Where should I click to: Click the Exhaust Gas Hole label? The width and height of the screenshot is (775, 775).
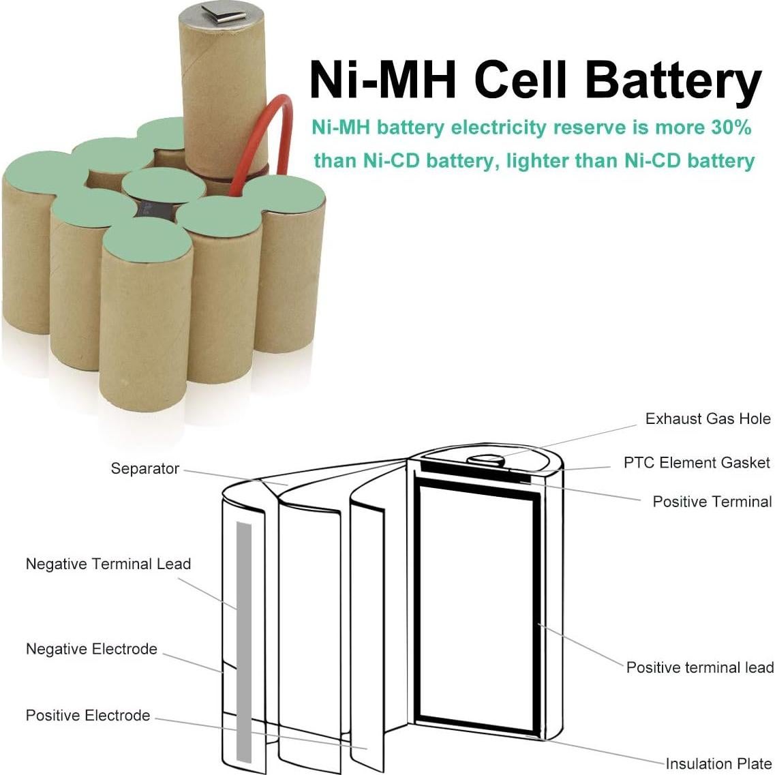tap(708, 419)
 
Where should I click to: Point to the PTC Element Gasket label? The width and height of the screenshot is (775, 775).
tap(697, 463)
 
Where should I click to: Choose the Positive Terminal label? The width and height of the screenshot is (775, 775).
tap(712, 502)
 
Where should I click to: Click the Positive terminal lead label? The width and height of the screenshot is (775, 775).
tap(699, 667)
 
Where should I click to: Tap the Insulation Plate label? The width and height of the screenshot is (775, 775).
tap(718, 763)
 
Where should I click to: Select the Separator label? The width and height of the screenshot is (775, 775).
tap(145, 469)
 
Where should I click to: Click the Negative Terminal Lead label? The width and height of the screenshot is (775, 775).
tap(108, 564)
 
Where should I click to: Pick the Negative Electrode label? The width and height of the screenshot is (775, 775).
tap(91, 649)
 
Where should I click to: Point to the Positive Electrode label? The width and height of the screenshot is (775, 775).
tap(88, 715)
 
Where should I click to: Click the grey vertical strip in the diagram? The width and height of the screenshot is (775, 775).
tap(243, 641)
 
